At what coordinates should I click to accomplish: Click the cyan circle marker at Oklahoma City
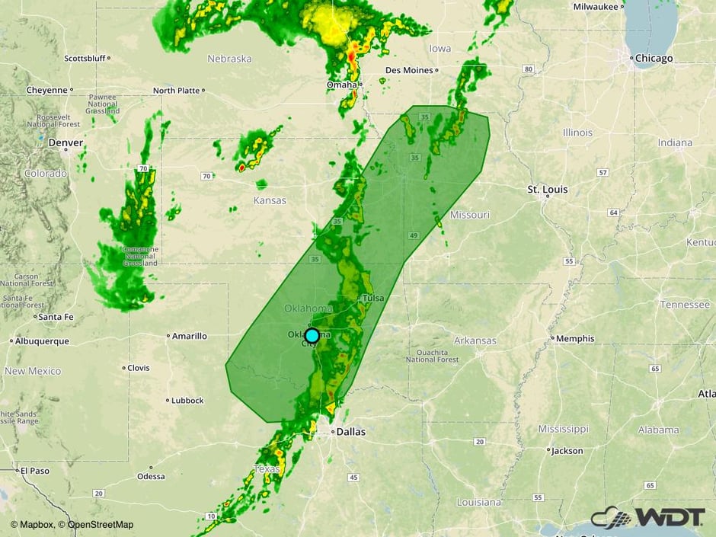point(312,335)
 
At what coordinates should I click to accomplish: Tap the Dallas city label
point(350,432)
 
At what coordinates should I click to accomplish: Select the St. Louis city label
point(548,189)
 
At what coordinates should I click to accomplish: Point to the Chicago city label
point(654,59)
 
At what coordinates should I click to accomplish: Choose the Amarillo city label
point(189,336)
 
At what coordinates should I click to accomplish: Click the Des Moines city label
point(409,70)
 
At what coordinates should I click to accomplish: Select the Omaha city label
point(341,85)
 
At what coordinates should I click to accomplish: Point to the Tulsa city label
point(372,298)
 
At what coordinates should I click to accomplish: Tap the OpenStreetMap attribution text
point(101,524)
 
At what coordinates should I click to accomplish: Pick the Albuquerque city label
point(42,341)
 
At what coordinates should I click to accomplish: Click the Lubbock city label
point(187,400)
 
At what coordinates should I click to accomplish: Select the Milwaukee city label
point(596,7)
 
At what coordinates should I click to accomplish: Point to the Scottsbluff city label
point(85,58)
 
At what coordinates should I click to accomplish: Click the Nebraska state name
point(229,59)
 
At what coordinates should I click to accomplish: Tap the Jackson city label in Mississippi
point(567,451)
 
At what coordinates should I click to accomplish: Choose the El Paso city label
point(35,471)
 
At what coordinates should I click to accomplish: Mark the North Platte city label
point(176,91)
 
